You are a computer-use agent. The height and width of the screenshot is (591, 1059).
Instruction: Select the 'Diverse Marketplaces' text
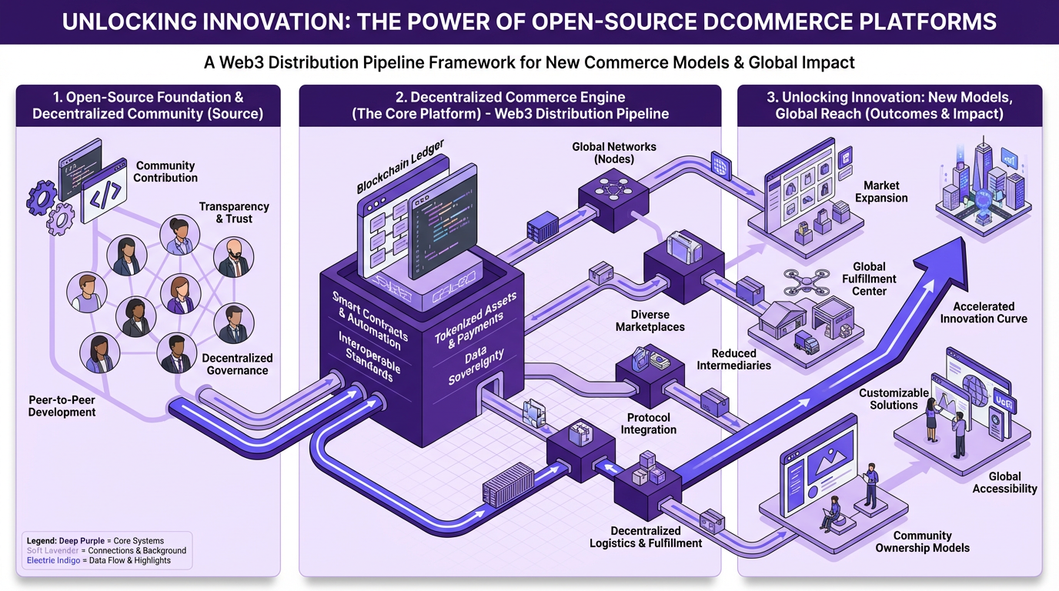[650, 320]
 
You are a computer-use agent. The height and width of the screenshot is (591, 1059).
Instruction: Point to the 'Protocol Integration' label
[648, 423]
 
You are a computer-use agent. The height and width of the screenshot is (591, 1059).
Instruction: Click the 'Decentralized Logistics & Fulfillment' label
[646, 536]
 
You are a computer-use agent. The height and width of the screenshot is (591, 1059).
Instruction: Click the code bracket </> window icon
[105, 195]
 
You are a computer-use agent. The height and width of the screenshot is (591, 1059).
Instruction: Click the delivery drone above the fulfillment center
[806, 282]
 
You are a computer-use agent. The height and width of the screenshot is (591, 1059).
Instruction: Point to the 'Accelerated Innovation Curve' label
[983, 312]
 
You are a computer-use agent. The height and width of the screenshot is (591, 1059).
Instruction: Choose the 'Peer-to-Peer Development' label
[62, 406]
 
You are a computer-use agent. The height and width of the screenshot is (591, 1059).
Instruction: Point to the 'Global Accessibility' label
[1004, 482]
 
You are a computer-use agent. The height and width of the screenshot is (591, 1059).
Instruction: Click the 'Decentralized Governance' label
[237, 364]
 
